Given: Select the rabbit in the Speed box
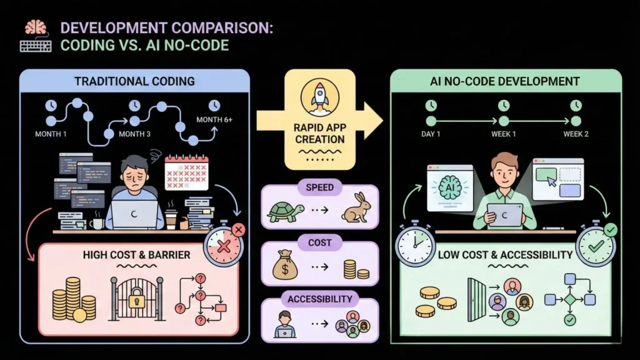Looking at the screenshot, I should (356, 210).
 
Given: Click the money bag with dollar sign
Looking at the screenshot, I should (285, 267).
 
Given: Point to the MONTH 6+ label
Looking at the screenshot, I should (214, 119).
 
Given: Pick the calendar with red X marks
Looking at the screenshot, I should (186, 172).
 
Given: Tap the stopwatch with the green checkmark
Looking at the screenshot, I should (596, 247).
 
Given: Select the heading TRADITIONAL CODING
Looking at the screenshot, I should (134, 81).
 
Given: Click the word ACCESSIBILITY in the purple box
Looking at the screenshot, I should (319, 299).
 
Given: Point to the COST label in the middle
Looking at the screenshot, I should (319, 242).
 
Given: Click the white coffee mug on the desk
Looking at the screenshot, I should (97, 222).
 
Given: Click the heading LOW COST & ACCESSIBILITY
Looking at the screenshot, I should (505, 254).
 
